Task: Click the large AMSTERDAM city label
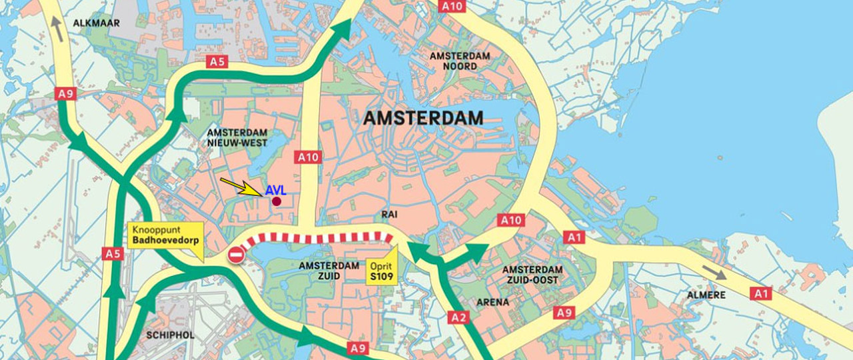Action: click(423, 119)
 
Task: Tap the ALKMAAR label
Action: click(96, 23)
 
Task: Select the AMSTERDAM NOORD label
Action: click(460, 61)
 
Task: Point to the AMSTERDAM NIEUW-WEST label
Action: click(237, 138)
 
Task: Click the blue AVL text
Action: click(275, 191)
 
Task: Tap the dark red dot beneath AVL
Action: click(277, 201)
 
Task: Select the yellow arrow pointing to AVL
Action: click(241, 186)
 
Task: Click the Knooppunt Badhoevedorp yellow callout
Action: click(165, 235)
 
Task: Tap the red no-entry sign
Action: click(236, 255)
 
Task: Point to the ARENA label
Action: click(492, 302)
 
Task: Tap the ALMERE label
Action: click(707, 294)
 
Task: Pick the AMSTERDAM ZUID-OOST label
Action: click(532, 275)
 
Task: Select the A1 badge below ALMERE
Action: click(760, 293)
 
